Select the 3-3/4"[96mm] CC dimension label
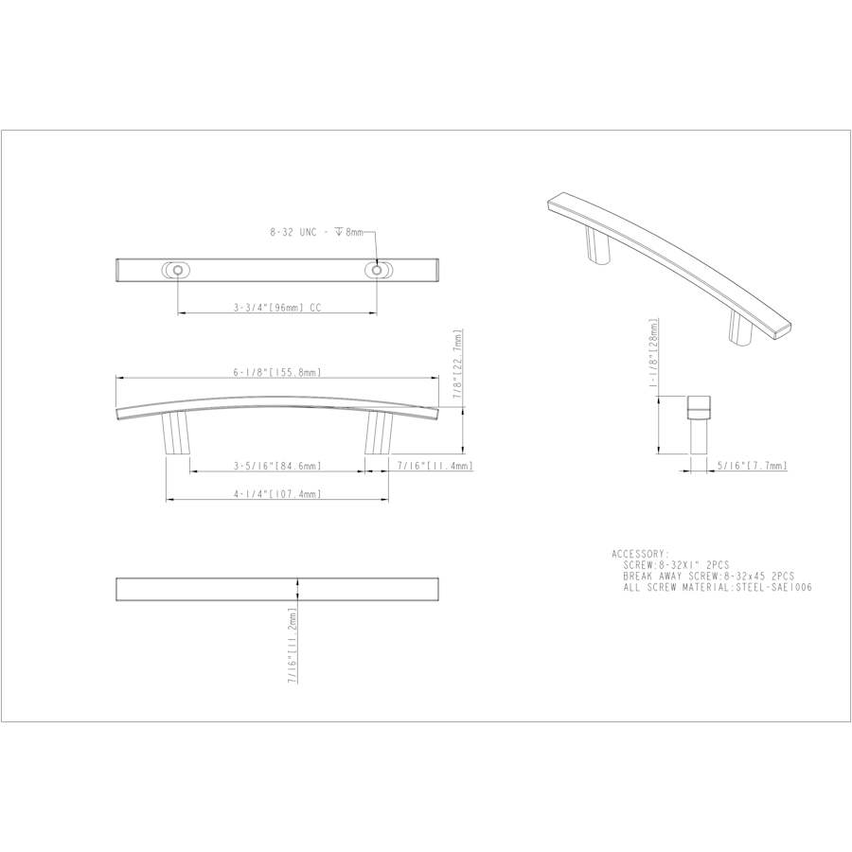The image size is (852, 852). click(x=278, y=307)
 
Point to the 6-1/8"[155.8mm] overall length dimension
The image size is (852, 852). click(x=280, y=372)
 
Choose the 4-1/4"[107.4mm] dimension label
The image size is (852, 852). click(x=277, y=494)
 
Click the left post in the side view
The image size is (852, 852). click(x=177, y=434)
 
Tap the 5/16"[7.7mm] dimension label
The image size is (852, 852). click(x=753, y=466)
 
